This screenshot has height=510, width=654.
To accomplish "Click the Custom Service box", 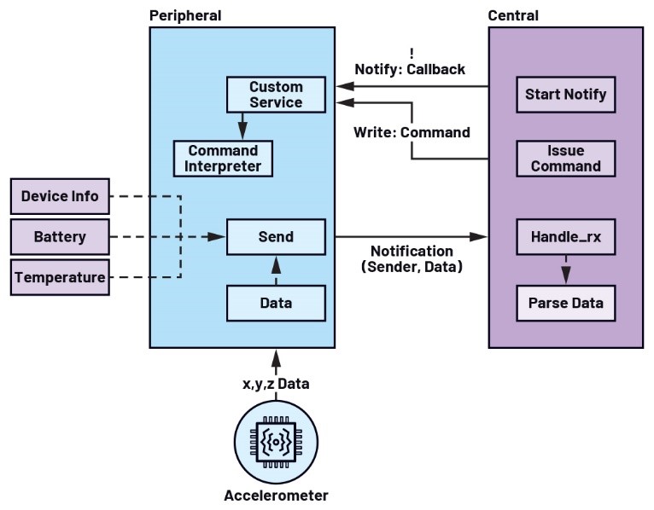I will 276,95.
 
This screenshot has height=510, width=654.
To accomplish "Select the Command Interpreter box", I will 224,158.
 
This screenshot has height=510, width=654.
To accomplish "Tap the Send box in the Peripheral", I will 276,236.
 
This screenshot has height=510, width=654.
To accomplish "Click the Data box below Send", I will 276,303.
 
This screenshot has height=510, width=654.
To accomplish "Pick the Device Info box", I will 60,196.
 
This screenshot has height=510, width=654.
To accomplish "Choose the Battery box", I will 60,236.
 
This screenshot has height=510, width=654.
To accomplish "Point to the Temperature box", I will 60,277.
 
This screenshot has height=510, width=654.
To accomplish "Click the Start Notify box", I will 565,94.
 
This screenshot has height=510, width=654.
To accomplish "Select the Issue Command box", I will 565,158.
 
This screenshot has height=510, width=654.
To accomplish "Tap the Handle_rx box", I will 565,236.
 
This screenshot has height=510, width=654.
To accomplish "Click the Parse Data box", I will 565,303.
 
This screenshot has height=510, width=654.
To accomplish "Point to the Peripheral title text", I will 185,15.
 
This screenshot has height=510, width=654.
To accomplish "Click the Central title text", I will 513,15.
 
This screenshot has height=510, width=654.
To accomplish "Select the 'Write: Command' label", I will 412,132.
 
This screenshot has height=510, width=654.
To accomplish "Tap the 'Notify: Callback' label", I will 411,69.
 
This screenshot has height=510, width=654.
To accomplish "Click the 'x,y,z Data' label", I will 276,384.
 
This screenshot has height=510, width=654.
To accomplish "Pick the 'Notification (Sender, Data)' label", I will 412,259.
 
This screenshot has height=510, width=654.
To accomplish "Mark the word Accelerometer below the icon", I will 276,495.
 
